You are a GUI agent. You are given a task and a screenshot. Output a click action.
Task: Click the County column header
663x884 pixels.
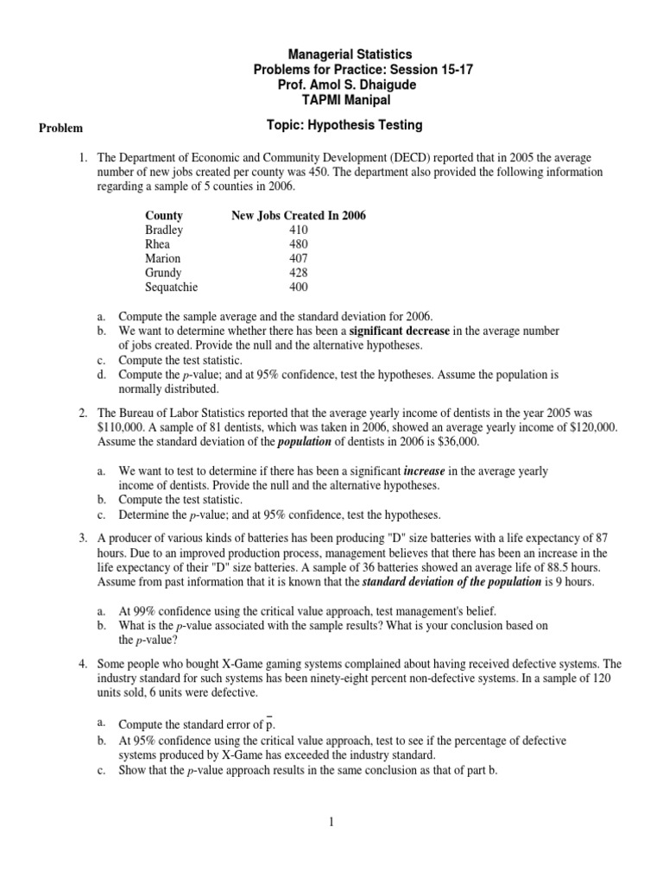[163, 216]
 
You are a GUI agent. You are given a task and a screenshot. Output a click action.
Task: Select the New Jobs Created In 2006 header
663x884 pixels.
[299, 216]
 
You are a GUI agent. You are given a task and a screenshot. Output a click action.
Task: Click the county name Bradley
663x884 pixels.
[164, 230]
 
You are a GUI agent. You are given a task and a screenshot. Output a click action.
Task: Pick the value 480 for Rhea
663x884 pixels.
[299, 244]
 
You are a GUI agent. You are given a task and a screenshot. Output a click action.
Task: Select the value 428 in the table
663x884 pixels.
[299, 273]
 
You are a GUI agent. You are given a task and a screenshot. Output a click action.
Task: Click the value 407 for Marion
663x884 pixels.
[299, 259]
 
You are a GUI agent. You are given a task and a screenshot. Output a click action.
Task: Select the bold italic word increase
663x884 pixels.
[426, 471]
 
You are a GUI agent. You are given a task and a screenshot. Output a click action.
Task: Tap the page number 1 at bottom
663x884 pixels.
[331, 823]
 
